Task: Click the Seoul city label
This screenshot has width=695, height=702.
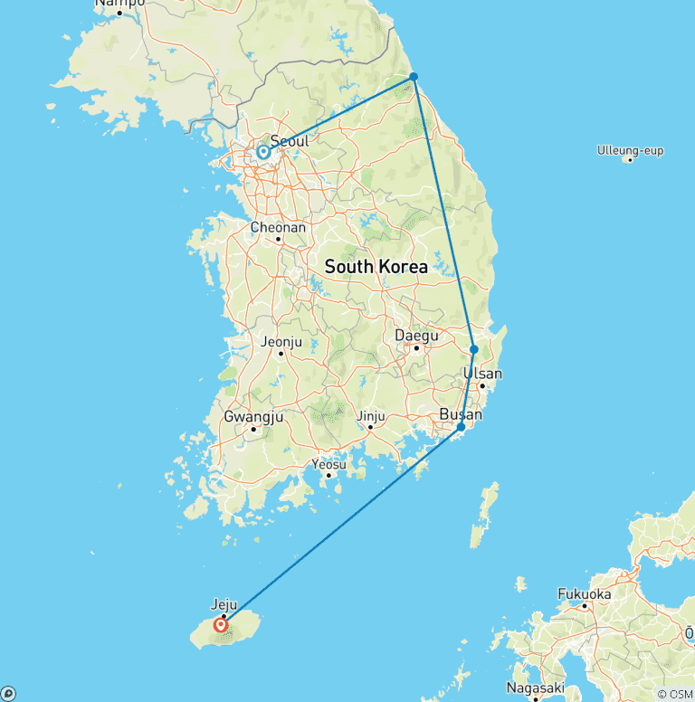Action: (x=290, y=141)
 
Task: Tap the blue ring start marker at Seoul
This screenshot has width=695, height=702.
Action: (x=263, y=152)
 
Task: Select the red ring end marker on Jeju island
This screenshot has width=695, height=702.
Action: (x=221, y=624)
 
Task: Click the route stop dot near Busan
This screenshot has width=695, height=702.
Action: (x=461, y=427)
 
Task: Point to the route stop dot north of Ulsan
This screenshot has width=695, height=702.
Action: (x=474, y=349)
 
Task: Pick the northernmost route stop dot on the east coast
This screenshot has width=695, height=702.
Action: (x=414, y=77)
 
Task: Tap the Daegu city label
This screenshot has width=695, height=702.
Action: (x=417, y=336)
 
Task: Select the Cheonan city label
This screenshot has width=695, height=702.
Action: (x=278, y=228)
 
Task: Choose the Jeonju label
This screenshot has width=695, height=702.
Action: (x=280, y=342)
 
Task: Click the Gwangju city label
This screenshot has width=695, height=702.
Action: (x=253, y=417)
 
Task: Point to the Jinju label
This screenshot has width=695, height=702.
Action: (x=371, y=416)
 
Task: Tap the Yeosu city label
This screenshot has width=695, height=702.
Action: (x=328, y=464)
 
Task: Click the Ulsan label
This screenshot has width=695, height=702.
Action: (x=482, y=374)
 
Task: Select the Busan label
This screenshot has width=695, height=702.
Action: (x=460, y=414)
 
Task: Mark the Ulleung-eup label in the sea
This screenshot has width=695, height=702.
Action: (x=630, y=149)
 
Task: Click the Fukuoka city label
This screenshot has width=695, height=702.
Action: (x=585, y=594)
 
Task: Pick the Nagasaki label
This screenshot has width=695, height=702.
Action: (x=537, y=688)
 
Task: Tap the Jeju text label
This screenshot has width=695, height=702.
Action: (x=224, y=604)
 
